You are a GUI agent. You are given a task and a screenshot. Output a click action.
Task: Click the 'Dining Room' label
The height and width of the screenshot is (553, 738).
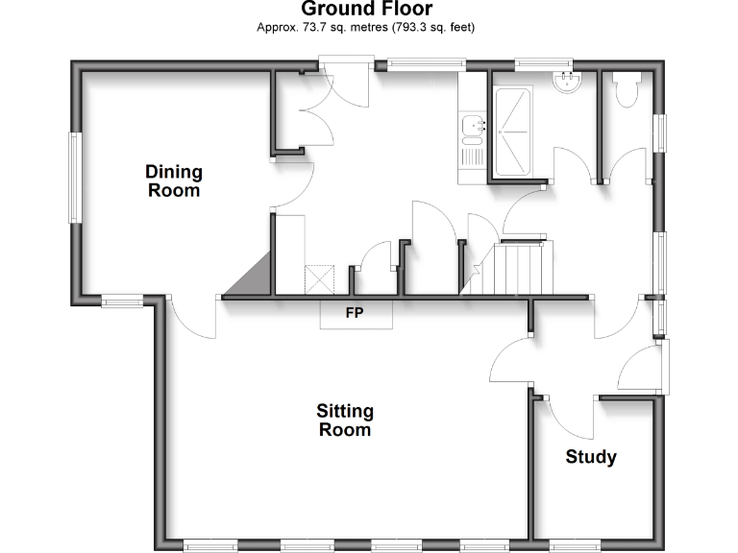pos(174,180)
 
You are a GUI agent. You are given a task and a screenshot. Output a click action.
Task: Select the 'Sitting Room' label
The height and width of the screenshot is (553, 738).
pos(345,421)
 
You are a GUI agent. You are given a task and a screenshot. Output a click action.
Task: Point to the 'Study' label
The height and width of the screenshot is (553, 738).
pos(590,457)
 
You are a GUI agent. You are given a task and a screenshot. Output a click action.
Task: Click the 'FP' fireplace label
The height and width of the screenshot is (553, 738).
pos(355,312)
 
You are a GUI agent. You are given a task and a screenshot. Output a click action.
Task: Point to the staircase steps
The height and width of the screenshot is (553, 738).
pos(518,268)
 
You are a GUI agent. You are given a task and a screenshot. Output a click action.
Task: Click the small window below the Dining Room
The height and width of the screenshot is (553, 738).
pos(123,302)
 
